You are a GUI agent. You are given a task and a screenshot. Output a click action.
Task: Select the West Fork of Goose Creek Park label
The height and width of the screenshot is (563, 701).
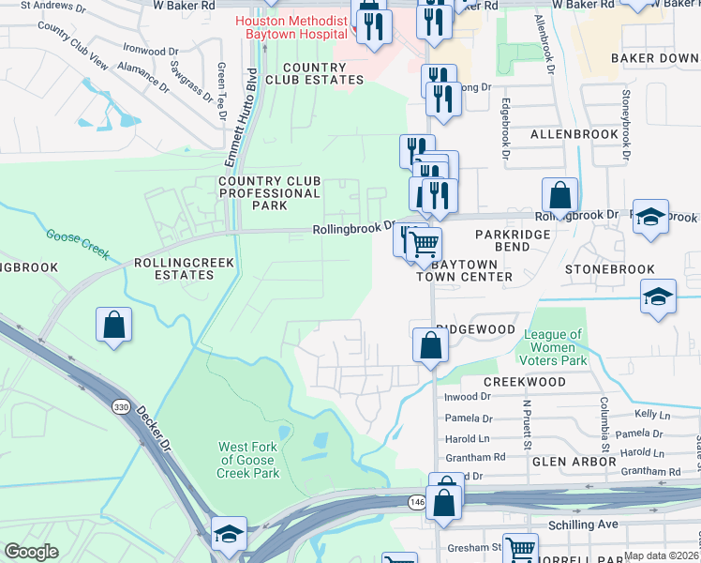[248, 460]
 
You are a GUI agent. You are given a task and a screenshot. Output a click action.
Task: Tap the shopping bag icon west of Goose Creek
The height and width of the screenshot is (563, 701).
[113, 325]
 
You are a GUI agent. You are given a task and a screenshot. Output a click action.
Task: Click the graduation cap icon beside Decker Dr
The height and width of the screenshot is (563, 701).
[228, 533]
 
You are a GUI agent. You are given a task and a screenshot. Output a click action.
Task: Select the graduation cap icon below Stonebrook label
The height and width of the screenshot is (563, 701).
[659, 297]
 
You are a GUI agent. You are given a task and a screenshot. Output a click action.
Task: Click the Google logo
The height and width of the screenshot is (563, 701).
[31, 552]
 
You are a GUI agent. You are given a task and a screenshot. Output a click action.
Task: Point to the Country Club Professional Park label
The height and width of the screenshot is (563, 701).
[269, 193]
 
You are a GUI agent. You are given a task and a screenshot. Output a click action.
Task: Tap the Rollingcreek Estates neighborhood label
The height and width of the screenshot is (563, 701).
[173, 269]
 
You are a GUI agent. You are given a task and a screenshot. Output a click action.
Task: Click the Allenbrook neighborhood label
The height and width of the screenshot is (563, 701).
[574, 134]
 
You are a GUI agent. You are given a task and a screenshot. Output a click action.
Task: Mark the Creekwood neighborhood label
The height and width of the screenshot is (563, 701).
[524, 382]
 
